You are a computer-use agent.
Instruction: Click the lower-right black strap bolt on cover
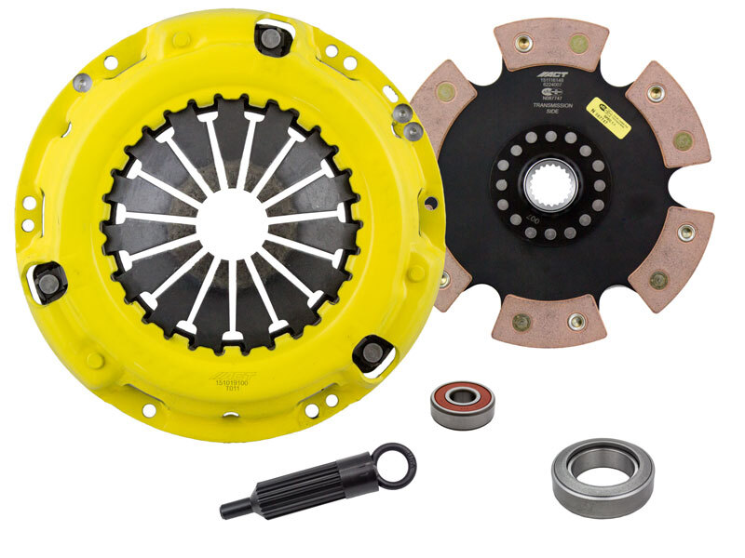tap(373, 352)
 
